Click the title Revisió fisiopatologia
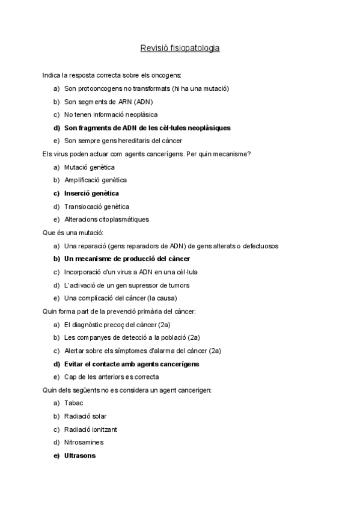pos(180,48)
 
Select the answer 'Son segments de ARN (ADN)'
pos(109,101)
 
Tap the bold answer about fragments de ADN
pos(147,127)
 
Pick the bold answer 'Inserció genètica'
pos(91,193)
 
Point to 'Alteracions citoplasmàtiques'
pos(106,220)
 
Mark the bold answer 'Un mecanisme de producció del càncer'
pos(127,259)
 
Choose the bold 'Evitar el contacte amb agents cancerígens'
pos(132,364)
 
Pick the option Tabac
pos(73,403)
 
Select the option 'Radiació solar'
pos(85,416)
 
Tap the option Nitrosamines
pos(84,443)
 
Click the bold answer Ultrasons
pos(80,456)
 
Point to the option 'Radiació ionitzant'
pos(91,429)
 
